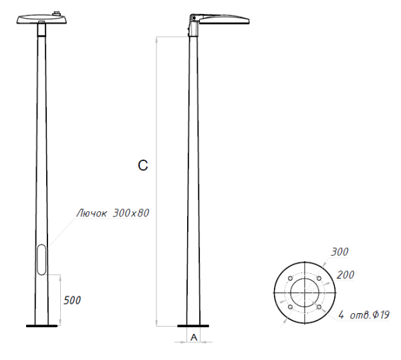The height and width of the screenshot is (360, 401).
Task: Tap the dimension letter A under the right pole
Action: click(194, 337)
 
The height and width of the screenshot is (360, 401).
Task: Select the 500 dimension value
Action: click(72, 301)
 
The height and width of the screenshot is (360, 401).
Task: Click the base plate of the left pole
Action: click(42, 326)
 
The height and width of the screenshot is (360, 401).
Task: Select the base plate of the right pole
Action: click(194, 326)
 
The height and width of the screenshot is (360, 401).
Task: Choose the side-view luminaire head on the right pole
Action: click(224, 20)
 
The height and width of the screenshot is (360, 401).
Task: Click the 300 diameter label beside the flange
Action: click(340, 252)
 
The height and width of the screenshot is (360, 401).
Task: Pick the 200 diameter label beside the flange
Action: click(346, 275)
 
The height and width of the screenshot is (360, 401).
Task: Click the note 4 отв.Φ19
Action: click(365, 315)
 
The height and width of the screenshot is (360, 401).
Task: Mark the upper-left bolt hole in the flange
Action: click(289, 279)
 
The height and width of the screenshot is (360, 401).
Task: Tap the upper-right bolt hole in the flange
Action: click(319, 279)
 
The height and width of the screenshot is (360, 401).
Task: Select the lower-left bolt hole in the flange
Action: click(289, 308)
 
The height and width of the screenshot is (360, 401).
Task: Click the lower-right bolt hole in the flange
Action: click(319, 308)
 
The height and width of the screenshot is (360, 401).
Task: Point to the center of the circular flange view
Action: click(304, 293)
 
